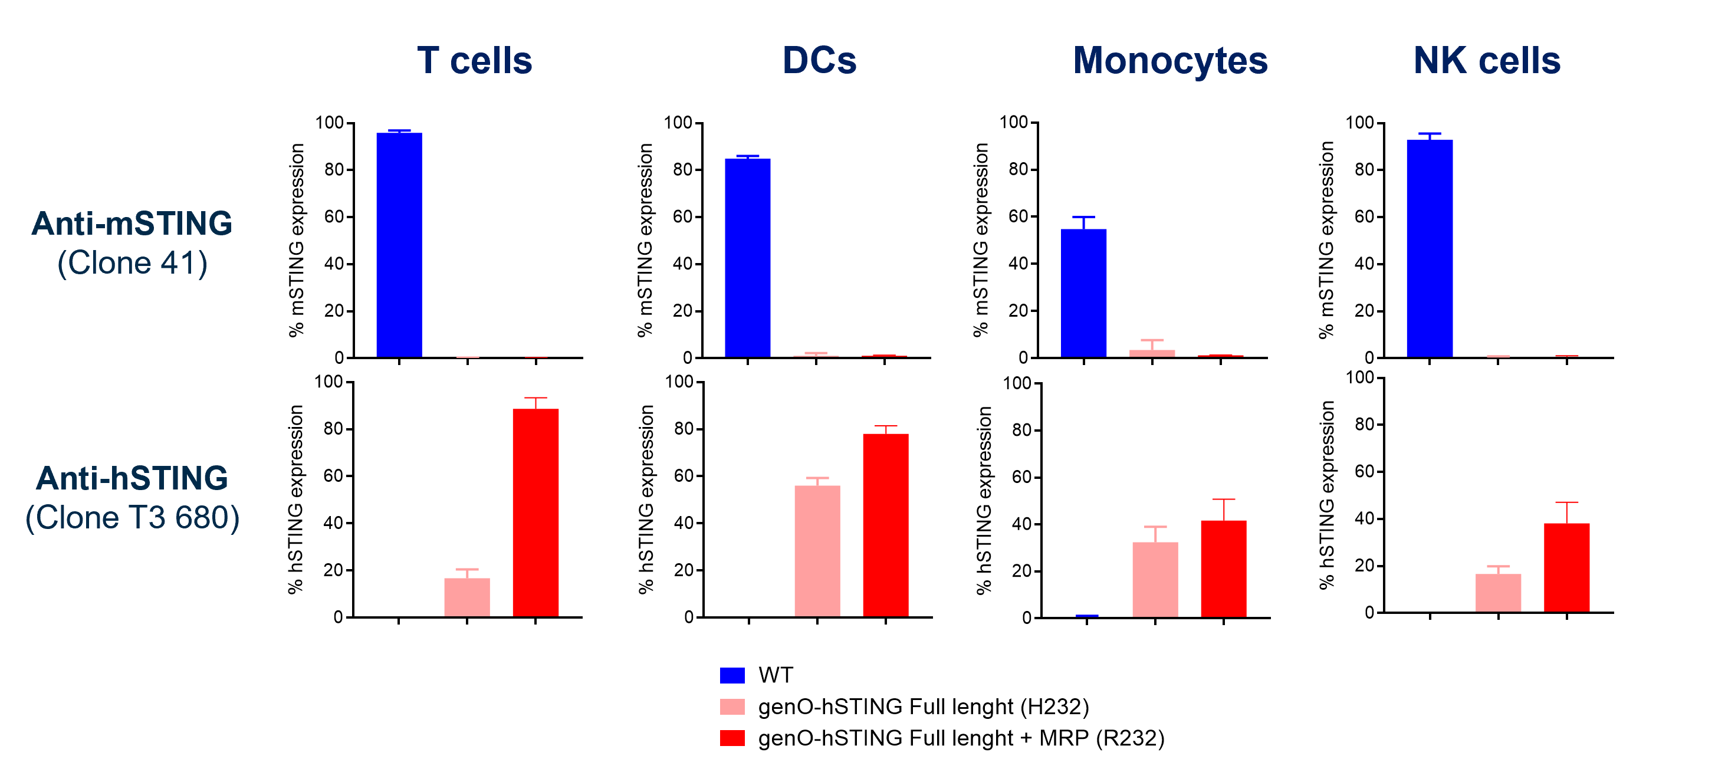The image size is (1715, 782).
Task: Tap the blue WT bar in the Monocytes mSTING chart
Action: pyautogui.click(x=1083, y=293)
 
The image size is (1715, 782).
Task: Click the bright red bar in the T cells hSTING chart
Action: pyautogui.click(x=535, y=512)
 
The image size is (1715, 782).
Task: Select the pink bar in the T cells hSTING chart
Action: pyautogui.click(x=466, y=597)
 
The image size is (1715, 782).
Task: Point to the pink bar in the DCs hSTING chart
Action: pyautogui.click(x=817, y=551)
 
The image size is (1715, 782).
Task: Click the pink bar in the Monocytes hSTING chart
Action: pyautogui.click(x=1155, y=580)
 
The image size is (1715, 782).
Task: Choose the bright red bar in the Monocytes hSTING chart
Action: pyautogui.click(x=1224, y=569)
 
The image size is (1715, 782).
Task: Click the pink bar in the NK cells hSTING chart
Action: pyautogui.click(x=1498, y=592)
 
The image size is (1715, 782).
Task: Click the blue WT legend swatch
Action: pyautogui.click(x=732, y=675)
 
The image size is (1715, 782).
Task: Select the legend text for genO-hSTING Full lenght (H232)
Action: pyautogui.click(x=923, y=706)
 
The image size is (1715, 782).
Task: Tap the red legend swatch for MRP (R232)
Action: pyautogui.click(x=732, y=738)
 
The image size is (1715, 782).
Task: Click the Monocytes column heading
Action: pyautogui.click(x=1169, y=61)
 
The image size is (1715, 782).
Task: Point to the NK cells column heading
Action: pyautogui.click(x=1487, y=61)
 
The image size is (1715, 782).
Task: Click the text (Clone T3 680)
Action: pyautogui.click(x=132, y=518)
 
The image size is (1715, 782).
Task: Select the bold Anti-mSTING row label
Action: pyautogui.click(x=132, y=224)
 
